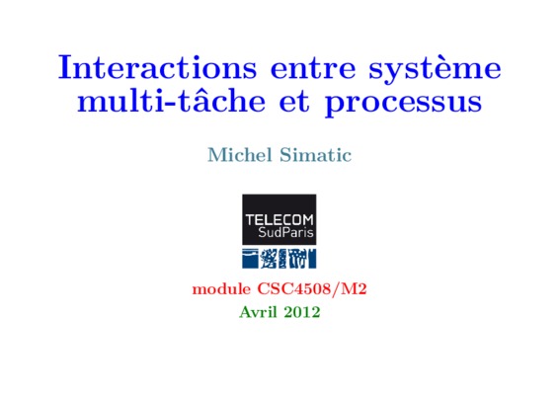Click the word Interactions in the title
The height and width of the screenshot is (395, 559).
click(157, 67)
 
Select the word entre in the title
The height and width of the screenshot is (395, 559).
click(313, 68)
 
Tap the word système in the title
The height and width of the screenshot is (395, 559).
click(435, 69)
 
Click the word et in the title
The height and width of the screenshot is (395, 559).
click(294, 103)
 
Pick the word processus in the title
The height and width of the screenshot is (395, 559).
click(403, 106)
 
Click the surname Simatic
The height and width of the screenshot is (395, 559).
click(315, 155)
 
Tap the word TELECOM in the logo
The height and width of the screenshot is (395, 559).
click(279, 220)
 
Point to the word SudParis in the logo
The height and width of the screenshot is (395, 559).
click(285, 233)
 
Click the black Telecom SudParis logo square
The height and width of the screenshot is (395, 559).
click(279, 219)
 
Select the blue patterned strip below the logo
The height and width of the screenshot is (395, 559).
click(279, 259)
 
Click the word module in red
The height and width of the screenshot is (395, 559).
click(221, 288)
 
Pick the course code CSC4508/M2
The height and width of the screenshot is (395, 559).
click(312, 289)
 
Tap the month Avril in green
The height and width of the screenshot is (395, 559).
click(258, 312)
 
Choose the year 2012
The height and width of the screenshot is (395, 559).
click(302, 312)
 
